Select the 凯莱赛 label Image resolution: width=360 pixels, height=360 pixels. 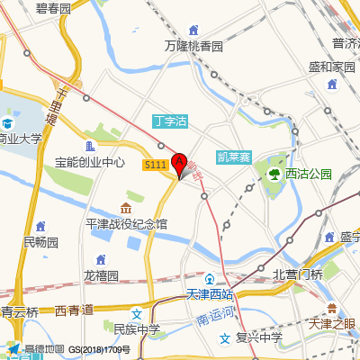click(234, 156)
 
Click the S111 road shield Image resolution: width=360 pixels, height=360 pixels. click(156, 165)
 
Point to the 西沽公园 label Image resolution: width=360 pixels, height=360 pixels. click(308, 174)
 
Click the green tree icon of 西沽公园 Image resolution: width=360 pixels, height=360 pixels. click(274, 173)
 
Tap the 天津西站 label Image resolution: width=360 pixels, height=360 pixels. click(209, 294)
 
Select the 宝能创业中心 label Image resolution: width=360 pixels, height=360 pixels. click(89, 163)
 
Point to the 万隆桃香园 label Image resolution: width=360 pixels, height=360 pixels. click(193, 45)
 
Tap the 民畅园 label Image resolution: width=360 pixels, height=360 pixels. click(40, 242)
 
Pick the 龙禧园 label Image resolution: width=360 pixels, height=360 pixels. click(101, 275)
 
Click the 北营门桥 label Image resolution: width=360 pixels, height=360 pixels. click(297, 274)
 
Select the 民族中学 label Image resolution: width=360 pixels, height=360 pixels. click(137, 329)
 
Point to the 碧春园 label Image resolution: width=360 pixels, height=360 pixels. click(53, 8)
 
